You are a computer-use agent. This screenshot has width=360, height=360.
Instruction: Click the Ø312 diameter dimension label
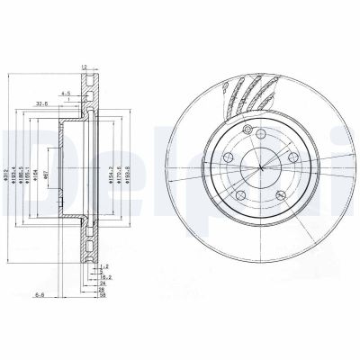click(8, 171)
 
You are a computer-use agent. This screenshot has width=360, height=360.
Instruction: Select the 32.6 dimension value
click(42, 103)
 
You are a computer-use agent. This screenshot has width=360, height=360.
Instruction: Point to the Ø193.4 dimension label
click(16, 171)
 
